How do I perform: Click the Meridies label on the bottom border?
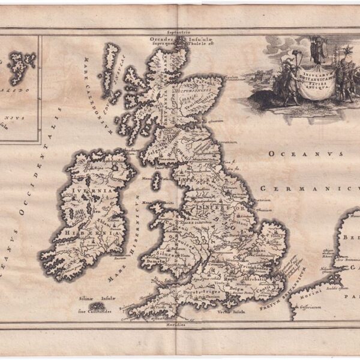pyautogui.click(x=176, y=325)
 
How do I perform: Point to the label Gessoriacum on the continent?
pyautogui.click(x=317, y=308)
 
